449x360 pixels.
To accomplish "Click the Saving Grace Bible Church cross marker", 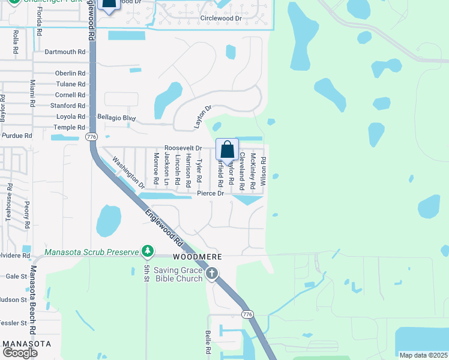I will [211, 274].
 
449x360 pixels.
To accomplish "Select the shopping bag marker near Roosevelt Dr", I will [228, 149].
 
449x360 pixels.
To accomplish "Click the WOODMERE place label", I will [197, 257].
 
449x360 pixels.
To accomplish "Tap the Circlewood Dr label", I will [221, 19].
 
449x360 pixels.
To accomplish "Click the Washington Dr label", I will [129, 173].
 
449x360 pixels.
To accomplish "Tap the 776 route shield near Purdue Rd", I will [91, 137].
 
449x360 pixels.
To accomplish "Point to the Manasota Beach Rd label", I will [34, 309].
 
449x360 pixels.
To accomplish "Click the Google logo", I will [20, 352].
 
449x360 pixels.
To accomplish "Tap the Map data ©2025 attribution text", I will [423, 355].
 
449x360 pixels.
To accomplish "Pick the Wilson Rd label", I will [263, 167].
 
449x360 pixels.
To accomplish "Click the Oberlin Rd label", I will [70, 73].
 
